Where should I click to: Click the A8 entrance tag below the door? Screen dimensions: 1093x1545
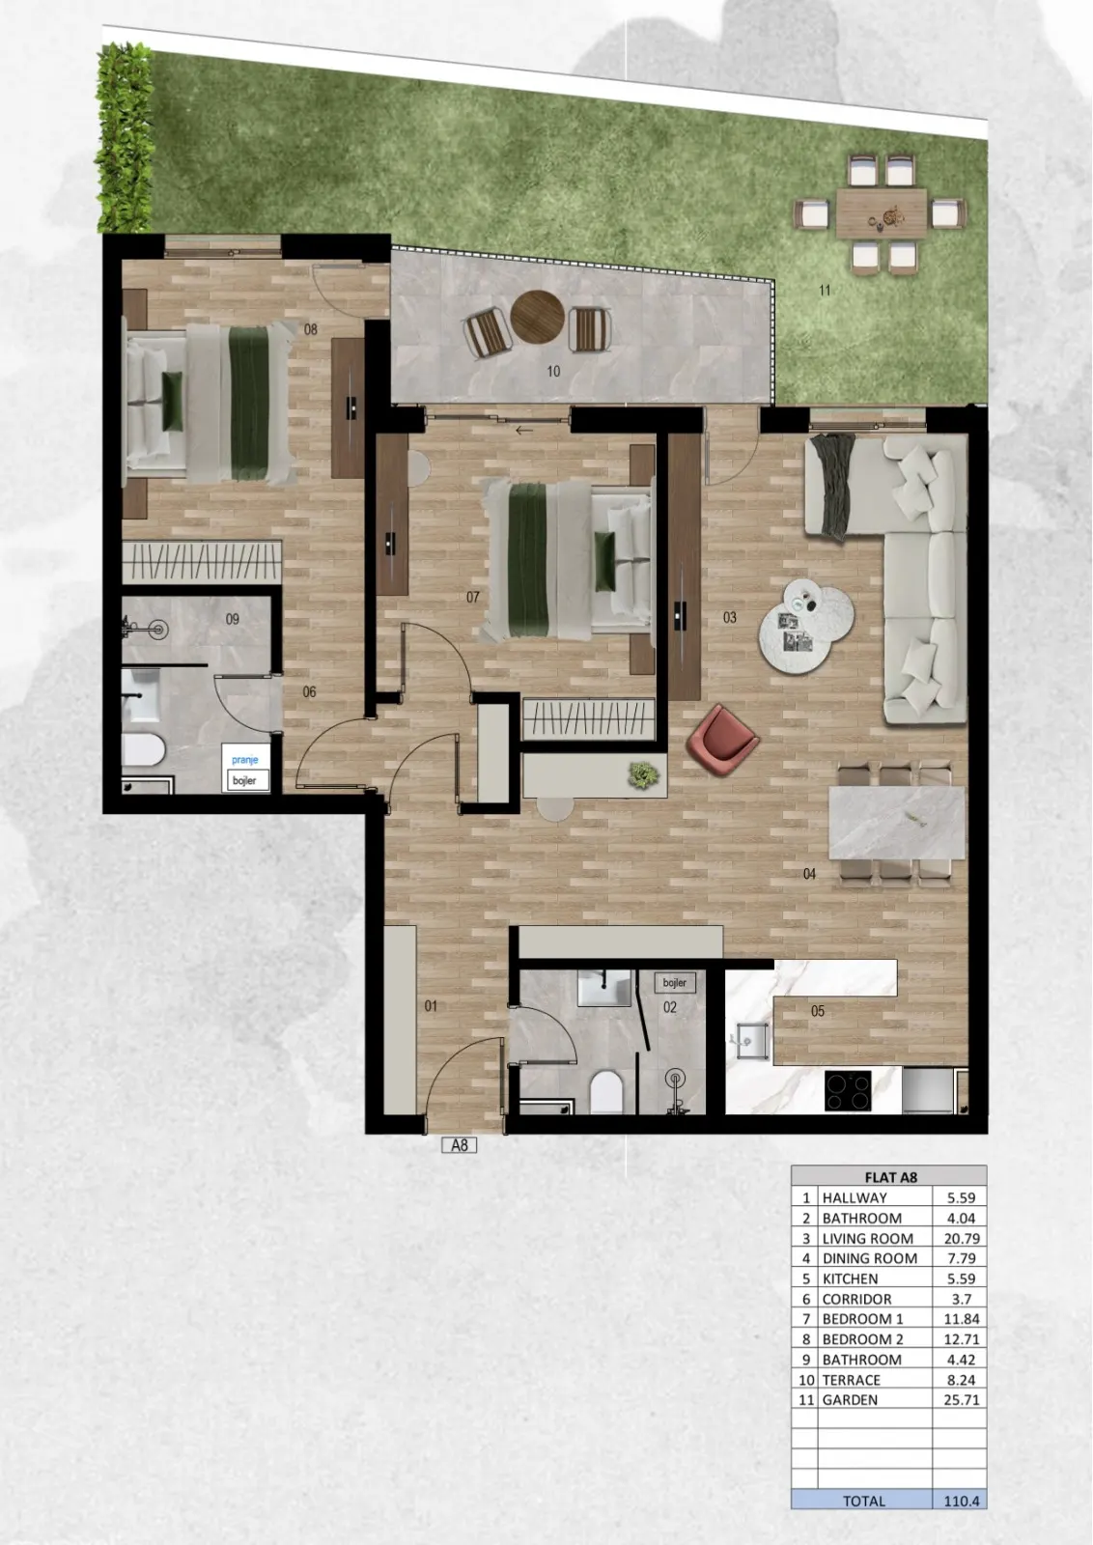(x=460, y=1145)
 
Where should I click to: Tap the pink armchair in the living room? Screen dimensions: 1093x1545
(x=722, y=739)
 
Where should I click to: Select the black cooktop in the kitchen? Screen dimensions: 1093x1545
(x=848, y=1090)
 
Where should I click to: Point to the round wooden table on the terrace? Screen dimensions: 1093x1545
(x=537, y=317)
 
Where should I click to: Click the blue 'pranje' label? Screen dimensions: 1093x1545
(x=245, y=759)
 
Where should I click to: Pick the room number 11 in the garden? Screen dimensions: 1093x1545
(x=825, y=291)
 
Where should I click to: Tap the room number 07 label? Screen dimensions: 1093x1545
(x=472, y=597)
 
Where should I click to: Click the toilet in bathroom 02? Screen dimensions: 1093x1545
(x=606, y=1091)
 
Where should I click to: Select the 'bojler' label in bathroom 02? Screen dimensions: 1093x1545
(x=674, y=983)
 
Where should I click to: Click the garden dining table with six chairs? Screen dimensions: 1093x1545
(x=881, y=213)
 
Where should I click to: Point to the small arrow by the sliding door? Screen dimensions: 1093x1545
(x=524, y=431)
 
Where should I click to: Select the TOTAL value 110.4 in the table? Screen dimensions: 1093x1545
(x=962, y=1501)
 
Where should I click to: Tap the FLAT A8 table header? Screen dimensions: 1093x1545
(x=890, y=1177)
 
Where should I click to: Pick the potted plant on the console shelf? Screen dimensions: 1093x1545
(x=643, y=775)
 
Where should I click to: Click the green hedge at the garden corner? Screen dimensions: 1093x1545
(x=124, y=138)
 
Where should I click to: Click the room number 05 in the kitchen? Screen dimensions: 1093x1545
(x=817, y=1011)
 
